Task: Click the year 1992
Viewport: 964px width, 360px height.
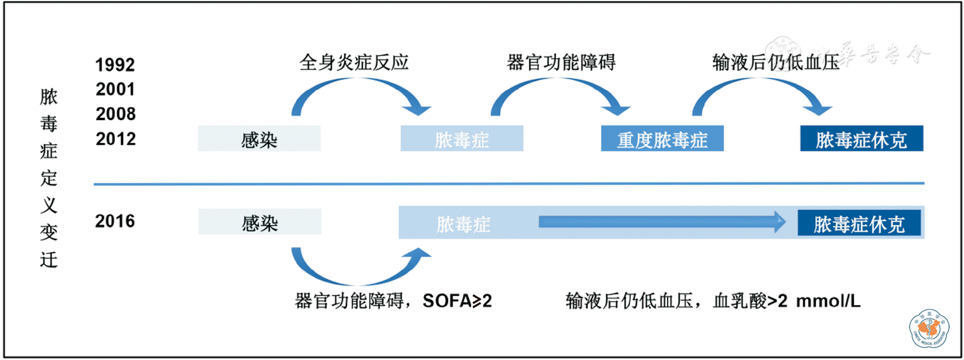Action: [x=115, y=65]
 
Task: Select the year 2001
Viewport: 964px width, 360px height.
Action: [x=115, y=89]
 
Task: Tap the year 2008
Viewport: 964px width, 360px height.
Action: [x=115, y=114]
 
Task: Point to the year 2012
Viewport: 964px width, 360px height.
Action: [x=115, y=139]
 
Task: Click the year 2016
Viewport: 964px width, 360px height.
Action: [x=115, y=221]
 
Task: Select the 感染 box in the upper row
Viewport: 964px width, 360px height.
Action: [x=259, y=139]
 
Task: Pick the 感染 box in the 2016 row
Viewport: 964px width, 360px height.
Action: [x=260, y=222]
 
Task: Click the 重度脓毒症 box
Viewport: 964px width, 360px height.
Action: [x=662, y=139]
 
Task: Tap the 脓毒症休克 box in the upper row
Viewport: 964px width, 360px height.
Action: [x=861, y=139]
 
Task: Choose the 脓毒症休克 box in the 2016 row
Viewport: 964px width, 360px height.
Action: [x=859, y=223]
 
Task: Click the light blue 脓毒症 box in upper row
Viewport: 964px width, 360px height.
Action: [x=461, y=139]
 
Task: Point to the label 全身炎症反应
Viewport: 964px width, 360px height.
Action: [x=354, y=62]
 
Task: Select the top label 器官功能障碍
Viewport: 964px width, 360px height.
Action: [x=561, y=62]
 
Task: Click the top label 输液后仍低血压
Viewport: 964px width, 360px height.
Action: [x=776, y=62]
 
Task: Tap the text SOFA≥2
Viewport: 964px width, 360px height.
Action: [x=457, y=301]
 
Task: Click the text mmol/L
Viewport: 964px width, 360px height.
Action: [x=828, y=301]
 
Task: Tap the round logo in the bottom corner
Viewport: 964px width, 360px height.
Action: [x=929, y=328]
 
